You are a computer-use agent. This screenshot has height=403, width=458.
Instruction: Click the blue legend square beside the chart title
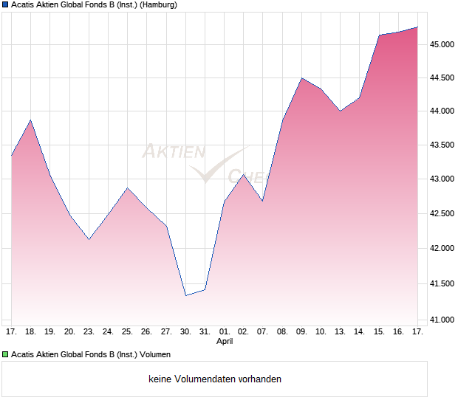point(5,4)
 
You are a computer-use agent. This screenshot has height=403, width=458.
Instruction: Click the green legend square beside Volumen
point(5,354)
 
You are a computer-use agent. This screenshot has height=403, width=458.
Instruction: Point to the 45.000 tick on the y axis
point(442,44)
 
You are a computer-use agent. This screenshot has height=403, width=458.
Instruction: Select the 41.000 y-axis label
point(442,320)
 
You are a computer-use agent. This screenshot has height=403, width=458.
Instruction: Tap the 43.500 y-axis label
point(442,145)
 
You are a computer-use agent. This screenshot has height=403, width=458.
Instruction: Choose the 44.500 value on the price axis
point(442,77)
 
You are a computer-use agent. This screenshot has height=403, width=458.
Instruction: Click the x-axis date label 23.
point(89,332)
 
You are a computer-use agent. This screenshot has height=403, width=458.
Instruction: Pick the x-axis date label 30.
point(185,332)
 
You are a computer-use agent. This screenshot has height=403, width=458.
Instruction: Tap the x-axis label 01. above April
point(225,332)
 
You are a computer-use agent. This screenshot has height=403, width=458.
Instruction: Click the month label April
point(225,342)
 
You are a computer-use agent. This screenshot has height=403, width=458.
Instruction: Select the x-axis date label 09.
point(301,332)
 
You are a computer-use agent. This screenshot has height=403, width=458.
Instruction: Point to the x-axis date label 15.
point(379,332)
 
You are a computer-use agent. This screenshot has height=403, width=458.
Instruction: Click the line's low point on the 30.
point(185,295)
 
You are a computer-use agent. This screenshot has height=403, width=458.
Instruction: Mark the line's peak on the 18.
point(30,120)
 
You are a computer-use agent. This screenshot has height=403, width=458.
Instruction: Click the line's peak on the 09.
point(301,77)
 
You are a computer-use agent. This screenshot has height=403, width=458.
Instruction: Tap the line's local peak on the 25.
point(127,187)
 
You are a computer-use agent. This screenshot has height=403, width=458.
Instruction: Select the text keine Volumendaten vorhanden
point(215,379)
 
